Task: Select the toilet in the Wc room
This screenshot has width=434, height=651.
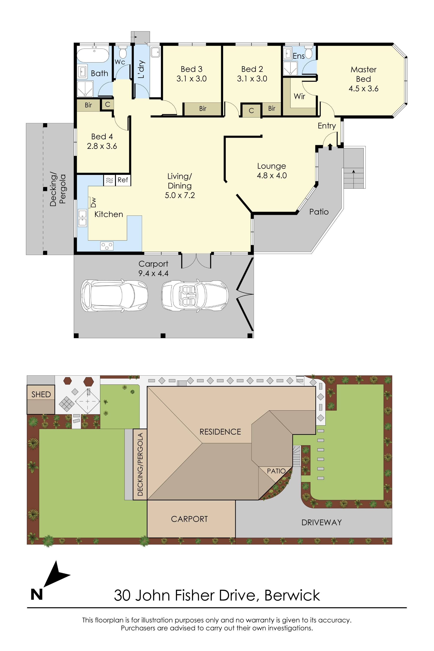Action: tap(123, 52)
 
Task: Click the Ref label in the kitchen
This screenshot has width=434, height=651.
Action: tap(123, 180)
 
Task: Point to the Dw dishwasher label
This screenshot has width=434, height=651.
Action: tap(94, 202)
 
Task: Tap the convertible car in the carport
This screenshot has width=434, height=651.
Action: tap(195, 296)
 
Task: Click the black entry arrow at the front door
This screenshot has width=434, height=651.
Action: tap(330, 147)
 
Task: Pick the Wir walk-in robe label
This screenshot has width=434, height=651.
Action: tap(299, 96)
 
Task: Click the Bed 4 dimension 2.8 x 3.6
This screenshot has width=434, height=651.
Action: tap(102, 146)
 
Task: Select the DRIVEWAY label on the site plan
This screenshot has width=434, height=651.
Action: tap(321, 523)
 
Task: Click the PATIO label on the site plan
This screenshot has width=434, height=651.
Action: tap(276, 471)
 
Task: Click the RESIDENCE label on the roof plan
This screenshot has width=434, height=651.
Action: tap(220, 432)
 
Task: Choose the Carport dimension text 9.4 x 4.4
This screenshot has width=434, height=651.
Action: tap(153, 273)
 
